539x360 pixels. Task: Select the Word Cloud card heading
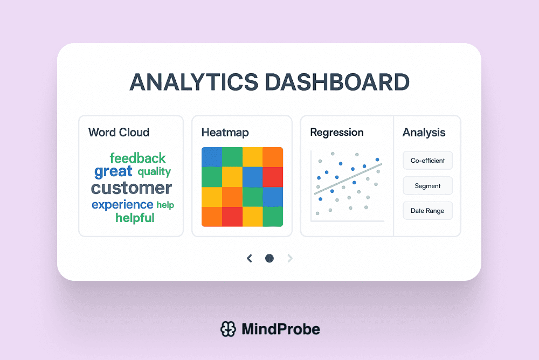click(119, 132)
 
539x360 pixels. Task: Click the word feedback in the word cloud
click(137, 158)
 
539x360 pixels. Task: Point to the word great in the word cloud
click(113, 172)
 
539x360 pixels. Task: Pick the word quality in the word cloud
click(154, 172)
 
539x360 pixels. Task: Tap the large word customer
click(132, 188)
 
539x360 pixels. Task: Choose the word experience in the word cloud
click(122, 205)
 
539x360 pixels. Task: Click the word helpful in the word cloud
click(135, 218)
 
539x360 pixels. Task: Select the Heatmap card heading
click(225, 132)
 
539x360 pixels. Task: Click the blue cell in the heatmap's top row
click(211, 157)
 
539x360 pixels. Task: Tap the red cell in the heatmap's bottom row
click(232, 216)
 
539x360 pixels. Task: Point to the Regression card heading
click(337, 132)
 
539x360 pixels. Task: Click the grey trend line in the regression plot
click(348, 178)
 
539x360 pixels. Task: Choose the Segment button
click(427, 186)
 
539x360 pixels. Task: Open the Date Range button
click(427, 211)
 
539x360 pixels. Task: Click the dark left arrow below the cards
click(249, 259)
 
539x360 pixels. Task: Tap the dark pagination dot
click(269, 259)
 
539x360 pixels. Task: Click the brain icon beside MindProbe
click(229, 329)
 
